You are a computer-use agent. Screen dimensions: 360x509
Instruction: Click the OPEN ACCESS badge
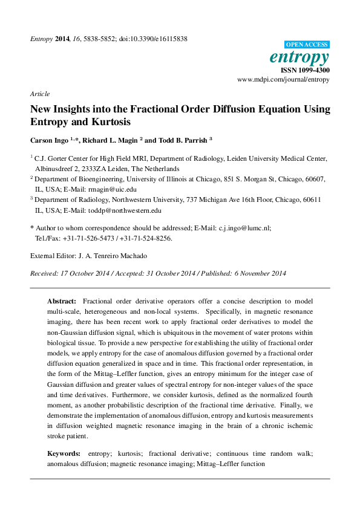tap(307, 44)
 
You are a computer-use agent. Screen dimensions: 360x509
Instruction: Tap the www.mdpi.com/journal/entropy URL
tap(283, 79)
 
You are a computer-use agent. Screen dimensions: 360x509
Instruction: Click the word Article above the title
tap(39, 94)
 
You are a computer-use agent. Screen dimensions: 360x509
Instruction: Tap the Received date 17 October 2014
tap(85, 273)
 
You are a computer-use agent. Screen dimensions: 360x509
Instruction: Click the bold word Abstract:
tap(62, 301)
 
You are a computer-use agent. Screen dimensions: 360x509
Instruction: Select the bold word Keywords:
tap(64, 453)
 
